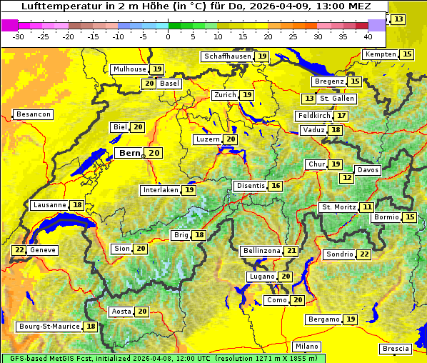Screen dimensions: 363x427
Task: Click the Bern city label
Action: (130, 153)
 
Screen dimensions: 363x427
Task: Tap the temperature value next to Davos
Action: (347, 177)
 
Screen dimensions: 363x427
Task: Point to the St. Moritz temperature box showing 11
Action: (367, 207)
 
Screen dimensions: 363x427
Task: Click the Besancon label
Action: (33, 114)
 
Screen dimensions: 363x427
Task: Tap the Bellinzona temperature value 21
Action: (291, 251)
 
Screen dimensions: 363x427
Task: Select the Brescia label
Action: (396, 349)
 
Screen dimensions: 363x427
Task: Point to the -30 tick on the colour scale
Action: (19, 36)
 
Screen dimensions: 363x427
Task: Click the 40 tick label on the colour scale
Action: (368, 36)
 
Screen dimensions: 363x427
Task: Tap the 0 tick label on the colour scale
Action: (168, 36)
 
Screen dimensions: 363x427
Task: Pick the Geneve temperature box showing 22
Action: (19, 250)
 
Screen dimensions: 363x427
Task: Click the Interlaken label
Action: (160, 190)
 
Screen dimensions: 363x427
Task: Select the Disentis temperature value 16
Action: (276, 186)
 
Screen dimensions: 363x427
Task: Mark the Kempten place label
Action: (381, 54)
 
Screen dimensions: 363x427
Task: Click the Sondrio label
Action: (339, 254)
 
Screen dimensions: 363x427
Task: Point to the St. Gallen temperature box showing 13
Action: (309, 99)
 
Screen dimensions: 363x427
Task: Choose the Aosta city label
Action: (121, 312)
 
